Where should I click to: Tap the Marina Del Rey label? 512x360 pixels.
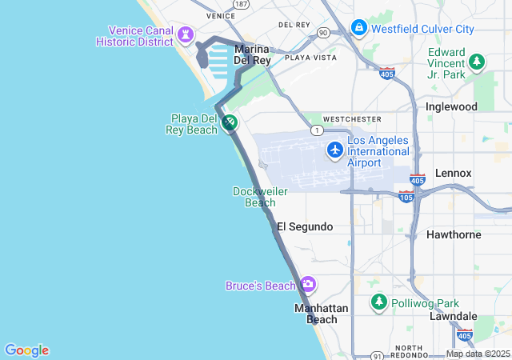click(x=253, y=54)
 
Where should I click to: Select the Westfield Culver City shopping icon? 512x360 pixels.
click(x=358, y=28)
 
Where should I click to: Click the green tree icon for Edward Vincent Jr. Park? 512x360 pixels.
click(x=477, y=61)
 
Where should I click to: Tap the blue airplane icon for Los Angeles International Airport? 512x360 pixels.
click(x=335, y=149)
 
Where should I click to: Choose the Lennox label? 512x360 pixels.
click(x=453, y=173)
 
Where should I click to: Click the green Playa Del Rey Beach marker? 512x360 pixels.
click(x=230, y=122)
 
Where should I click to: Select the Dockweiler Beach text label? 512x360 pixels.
click(x=254, y=197)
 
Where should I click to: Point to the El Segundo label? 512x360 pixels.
click(x=305, y=227)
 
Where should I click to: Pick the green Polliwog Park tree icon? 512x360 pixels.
click(x=379, y=302)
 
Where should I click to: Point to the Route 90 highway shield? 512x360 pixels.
click(x=322, y=33)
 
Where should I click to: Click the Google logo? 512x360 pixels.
click(x=26, y=350)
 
